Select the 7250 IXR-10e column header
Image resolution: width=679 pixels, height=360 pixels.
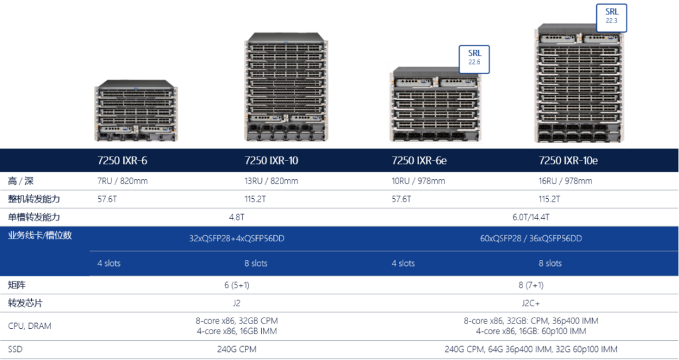(x=568, y=160)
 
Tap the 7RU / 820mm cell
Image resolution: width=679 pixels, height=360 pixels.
(x=123, y=181)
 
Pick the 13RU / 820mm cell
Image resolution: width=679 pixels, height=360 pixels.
(x=271, y=181)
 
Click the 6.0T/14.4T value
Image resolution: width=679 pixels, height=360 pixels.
(x=530, y=217)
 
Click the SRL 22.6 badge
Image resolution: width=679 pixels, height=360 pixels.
(x=474, y=56)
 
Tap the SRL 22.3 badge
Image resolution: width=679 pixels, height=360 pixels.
(x=611, y=15)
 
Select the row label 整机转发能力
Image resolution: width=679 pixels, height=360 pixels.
(x=34, y=199)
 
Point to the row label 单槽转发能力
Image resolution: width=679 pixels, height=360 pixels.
(x=34, y=217)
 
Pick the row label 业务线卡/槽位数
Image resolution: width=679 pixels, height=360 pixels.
(x=39, y=235)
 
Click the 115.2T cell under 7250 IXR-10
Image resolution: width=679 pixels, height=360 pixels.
(x=256, y=199)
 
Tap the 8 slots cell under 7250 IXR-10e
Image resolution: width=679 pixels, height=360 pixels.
(x=550, y=263)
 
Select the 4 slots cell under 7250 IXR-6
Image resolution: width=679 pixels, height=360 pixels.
(x=109, y=263)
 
